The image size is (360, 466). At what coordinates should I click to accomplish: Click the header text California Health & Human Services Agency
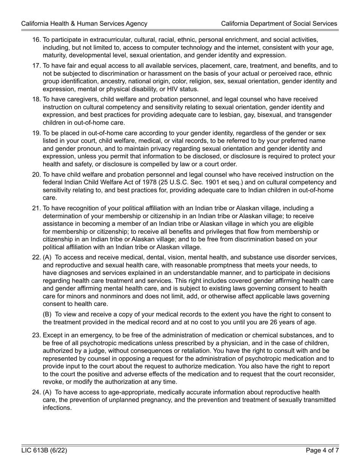(x=84, y=23)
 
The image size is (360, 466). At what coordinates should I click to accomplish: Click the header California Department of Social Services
(x=279, y=23)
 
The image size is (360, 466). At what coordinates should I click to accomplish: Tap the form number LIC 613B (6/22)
(x=44, y=450)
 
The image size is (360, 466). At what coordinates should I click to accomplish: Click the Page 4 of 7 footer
(x=322, y=450)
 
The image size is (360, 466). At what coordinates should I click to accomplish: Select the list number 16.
(x=36, y=40)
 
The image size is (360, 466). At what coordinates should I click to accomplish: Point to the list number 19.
(x=36, y=133)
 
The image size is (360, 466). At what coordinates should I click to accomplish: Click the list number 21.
(x=36, y=208)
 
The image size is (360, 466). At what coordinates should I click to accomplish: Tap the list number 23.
(x=36, y=335)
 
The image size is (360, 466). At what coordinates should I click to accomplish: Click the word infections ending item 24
(x=57, y=408)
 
